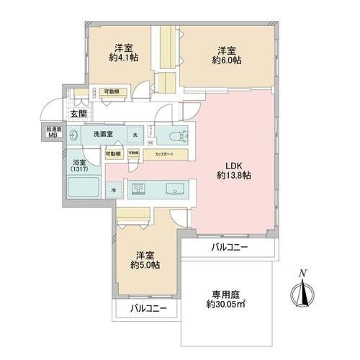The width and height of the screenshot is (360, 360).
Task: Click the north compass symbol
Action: pos(303,291)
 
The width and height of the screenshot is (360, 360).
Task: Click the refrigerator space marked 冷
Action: pos(114,190)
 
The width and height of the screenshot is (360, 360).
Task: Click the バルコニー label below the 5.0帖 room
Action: pos(148,308)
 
